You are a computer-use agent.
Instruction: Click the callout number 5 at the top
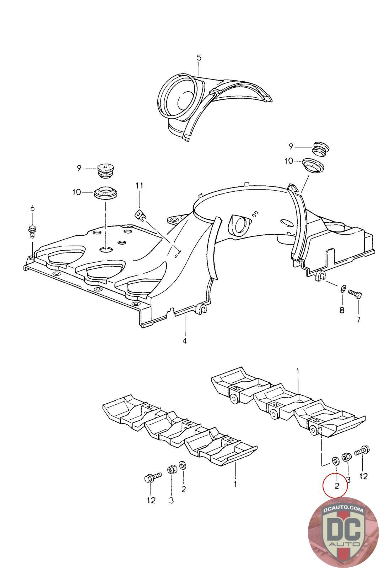coord(199,58)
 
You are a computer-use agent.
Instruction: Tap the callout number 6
coord(32,208)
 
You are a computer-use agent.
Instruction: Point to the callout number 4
coord(184,341)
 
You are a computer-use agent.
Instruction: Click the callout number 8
coord(342,310)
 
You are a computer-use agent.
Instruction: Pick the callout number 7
coord(358,319)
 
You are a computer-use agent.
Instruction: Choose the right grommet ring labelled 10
coord(314,165)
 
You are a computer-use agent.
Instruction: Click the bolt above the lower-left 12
coord(153,477)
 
